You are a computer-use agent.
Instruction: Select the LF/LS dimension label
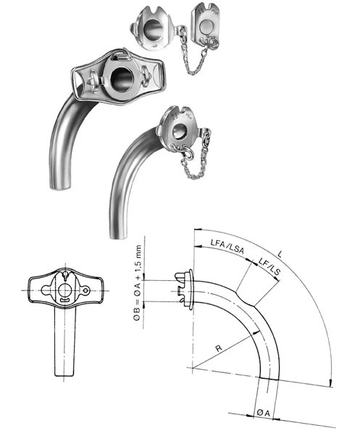(x=269, y=266)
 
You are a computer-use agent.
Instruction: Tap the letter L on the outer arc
(x=280, y=254)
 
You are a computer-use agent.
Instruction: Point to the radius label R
(x=219, y=348)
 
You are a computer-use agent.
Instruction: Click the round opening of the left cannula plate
(x=122, y=78)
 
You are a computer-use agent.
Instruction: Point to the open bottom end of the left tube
(x=60, y=187)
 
